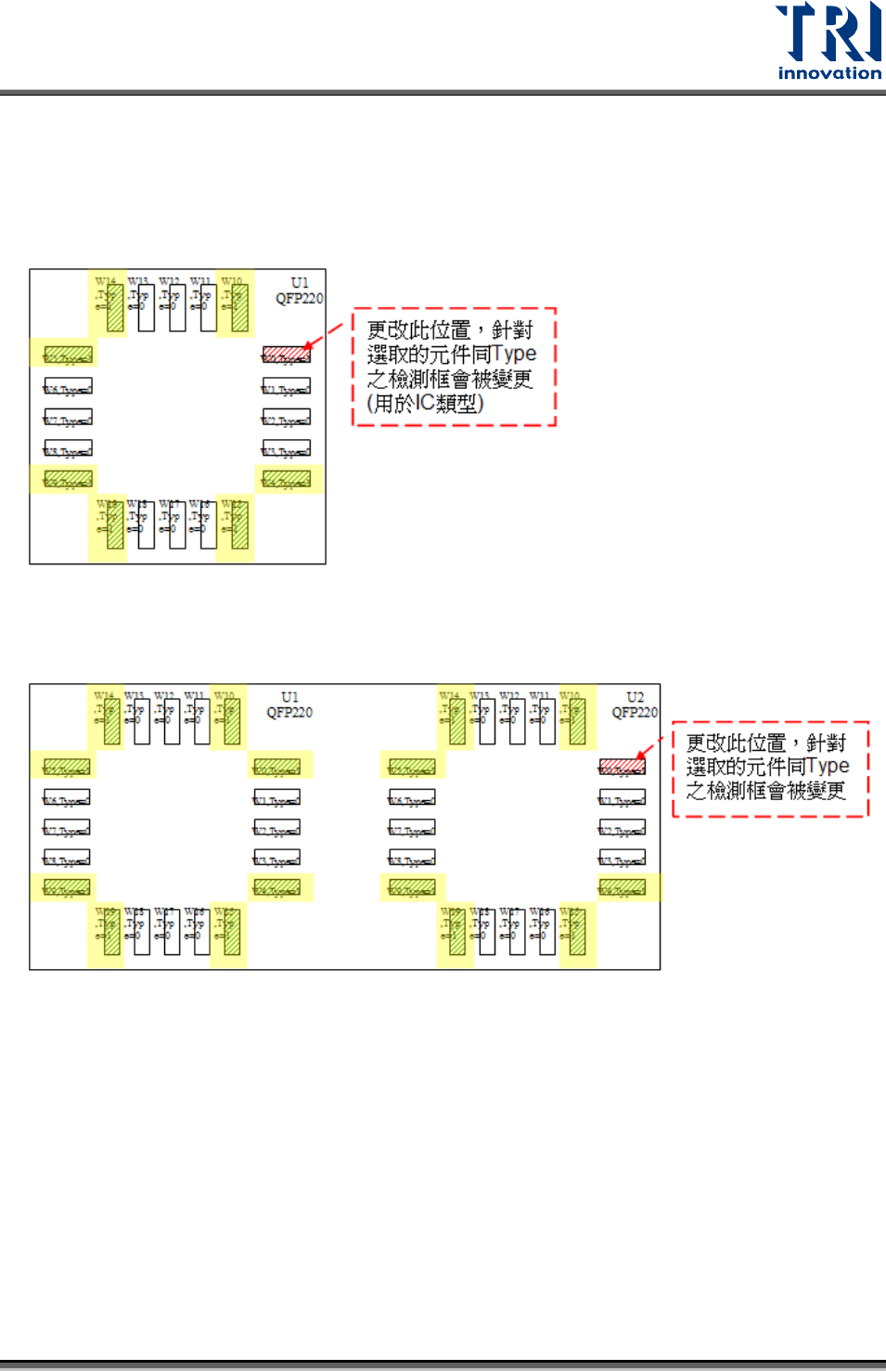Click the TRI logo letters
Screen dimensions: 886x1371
828,33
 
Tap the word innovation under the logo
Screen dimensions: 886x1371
829,73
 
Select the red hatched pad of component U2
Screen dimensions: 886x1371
622,767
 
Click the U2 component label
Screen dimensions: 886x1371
635,697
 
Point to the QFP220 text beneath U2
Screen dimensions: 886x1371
635,713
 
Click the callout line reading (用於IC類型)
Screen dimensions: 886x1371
426,404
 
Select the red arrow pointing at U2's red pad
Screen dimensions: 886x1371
649,749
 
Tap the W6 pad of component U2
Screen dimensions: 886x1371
412,798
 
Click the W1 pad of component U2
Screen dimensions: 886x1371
622,798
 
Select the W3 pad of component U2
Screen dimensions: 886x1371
622,860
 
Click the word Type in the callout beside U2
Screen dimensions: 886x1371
828,766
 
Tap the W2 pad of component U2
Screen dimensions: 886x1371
622,829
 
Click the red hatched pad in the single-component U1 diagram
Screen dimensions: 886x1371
286,355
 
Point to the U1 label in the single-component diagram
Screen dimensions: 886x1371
299,283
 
